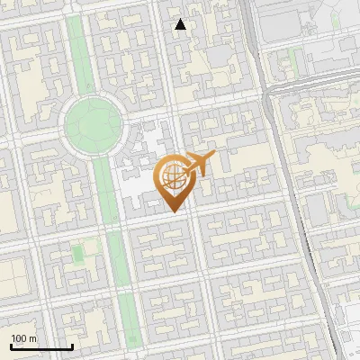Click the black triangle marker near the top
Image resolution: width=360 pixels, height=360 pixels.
[x=181, y=24]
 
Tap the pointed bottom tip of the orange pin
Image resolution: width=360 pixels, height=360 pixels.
[x=174, y=211]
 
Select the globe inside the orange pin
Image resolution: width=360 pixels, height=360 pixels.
[x=173, y=176]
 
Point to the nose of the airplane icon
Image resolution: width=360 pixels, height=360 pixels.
[x=213, y=156]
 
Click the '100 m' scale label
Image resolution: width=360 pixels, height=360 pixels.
[x=24, y=338]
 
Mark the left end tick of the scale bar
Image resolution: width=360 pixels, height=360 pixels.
[x=11, y=346]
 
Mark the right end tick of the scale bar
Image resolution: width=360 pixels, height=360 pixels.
[x=72, y=346]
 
